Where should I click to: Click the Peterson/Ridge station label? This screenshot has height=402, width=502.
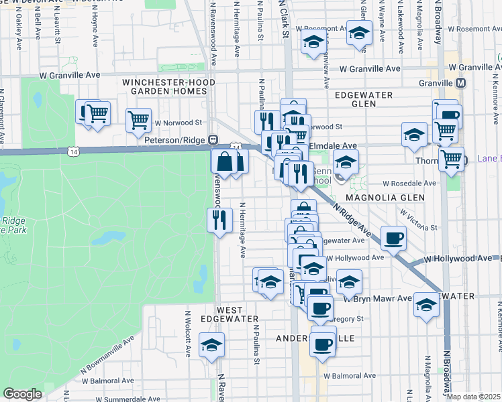coord(176,140)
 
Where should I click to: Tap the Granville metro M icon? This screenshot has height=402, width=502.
coord(461,83)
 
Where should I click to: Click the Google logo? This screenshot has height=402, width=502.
coord(22,394)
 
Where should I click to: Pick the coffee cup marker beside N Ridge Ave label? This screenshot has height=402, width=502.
coord(393,237)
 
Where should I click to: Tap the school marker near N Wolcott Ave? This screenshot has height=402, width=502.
coord(211,345)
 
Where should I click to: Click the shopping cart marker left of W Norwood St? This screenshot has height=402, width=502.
coord(138,121)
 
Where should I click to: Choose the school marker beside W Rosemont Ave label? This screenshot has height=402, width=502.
coord(359,32)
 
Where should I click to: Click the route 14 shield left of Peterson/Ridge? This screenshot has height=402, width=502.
coord(72,153)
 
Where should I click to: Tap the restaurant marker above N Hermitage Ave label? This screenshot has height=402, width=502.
coord(220,220)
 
